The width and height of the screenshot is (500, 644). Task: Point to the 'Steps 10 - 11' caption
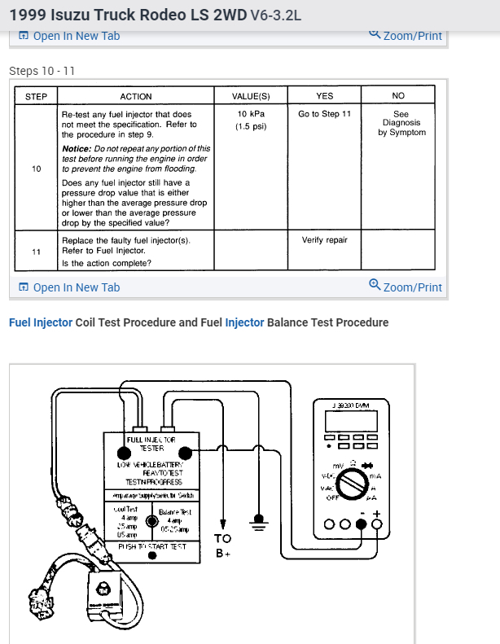click(42, 71)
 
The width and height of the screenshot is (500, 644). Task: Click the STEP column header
click(36, 97)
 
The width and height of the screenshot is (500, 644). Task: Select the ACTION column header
click(136, 97)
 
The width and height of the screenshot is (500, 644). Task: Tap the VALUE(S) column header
click(252, 97)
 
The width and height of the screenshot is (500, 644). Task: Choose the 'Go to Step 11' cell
click(324, 114)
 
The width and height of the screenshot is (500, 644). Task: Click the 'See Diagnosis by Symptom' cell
click(401, 123)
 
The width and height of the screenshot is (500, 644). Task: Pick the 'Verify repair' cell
click(324, 240)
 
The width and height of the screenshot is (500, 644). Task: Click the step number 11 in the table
click(36, 252)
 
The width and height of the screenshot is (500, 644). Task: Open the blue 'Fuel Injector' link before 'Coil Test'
click(41, 322)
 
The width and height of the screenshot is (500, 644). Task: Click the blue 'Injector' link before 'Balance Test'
click(244, 322)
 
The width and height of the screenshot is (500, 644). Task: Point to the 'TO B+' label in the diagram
click(222, 545)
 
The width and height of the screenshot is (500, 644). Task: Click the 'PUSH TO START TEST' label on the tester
click(152, 546)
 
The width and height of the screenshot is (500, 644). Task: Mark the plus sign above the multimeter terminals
click(376, 513)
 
